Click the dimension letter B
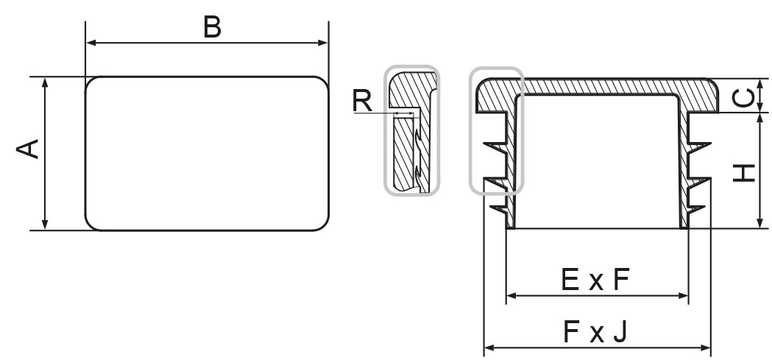point(212,27)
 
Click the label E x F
point(595,280)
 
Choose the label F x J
point(595,333)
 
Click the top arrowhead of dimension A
point(46,81)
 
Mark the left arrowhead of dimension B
point(91,43)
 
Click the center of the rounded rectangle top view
point(207,153)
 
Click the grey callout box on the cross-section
point(496,131)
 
